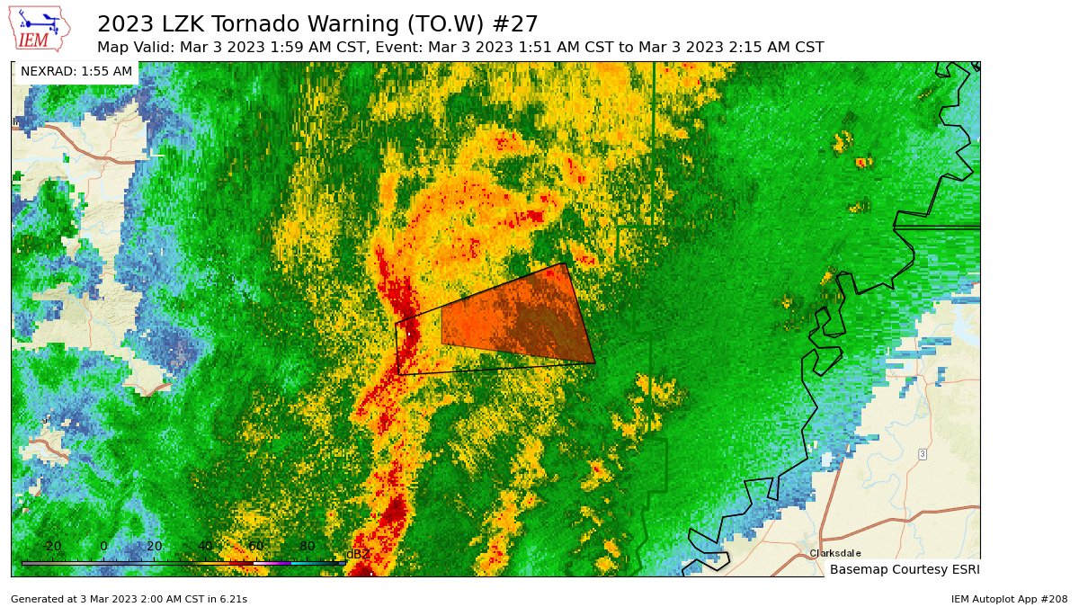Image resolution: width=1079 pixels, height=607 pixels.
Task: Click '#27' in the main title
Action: pyautogui.click(x=513, y=23)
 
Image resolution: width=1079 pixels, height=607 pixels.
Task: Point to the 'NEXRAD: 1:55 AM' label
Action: pyautogui.click(x=76, y=71)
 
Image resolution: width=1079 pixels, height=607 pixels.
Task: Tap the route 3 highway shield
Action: pyautogui.click(x=923, y=454)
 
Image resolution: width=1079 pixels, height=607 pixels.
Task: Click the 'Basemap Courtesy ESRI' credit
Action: pyautogui.click(x=904, y=569)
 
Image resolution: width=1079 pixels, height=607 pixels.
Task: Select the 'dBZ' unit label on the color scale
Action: pyautogui.click(x=357, y=554)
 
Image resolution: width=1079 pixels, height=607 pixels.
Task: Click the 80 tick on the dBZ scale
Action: pyautogui.click(x=307, y=546)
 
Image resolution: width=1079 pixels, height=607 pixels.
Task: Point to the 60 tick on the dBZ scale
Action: pyautogui.click(x=255, y=546)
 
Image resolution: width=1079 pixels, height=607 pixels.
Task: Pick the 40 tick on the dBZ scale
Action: pyautogui.click(x=205, y=546)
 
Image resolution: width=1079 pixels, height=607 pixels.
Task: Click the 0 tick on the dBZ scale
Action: pyautogui.click(x=103, y=546)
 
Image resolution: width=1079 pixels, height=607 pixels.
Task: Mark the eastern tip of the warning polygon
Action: pyautogui.click(x=594, y=362)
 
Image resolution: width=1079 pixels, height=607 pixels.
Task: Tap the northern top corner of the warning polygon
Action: pyautogui.click(x=564, y=263)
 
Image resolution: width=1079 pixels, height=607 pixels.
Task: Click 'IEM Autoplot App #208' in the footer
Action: pyautogui.click(x=1009, y=598)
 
